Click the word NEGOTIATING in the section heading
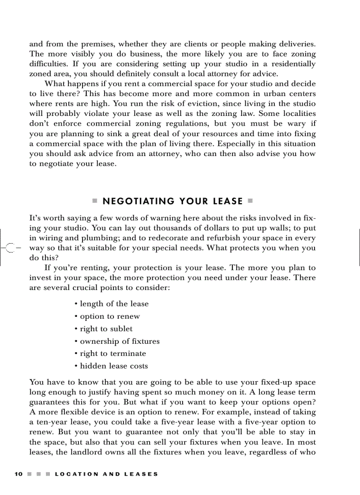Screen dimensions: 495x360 (138, 201)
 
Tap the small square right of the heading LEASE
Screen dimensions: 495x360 (250, 201)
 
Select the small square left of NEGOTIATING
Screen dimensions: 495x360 (94, 201)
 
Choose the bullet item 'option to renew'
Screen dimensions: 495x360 (109, 316)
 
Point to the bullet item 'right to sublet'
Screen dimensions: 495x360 (106, 329)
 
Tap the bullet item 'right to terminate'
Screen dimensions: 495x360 (112, 354)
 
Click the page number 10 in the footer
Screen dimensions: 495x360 (18, 474)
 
